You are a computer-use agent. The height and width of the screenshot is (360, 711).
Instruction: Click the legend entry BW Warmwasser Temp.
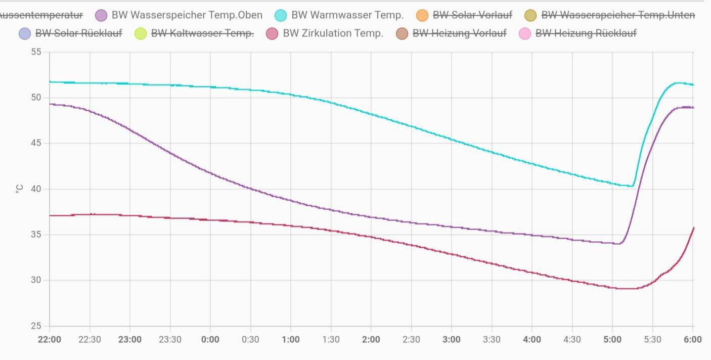click(x=347, y=15)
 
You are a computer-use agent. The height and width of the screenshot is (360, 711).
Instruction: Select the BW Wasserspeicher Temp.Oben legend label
click(x=187, y=15)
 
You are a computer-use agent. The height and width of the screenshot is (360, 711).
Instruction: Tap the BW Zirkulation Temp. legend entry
click(x=333, y=33)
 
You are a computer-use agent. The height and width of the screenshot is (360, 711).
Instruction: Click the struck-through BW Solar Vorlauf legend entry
click(x=472, y=15)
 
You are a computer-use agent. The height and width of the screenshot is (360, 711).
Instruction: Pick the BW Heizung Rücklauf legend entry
click(x=586, y=33)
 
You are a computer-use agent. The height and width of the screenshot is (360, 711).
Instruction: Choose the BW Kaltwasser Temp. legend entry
click(x=202, y=33)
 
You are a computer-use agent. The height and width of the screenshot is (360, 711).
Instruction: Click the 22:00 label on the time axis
click(x=50, y=339)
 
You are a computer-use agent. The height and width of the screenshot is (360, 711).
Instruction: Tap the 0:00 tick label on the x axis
click(x=210, y=339)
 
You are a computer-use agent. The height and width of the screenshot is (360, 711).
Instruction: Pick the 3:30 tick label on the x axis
click(x=492, y=339)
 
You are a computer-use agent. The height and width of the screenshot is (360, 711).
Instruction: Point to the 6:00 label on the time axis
click(x=692, y=339)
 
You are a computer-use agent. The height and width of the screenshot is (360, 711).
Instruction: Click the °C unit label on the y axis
click(x=19, y=189)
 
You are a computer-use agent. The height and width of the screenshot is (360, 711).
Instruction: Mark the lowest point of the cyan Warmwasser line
click(x=631, y=186)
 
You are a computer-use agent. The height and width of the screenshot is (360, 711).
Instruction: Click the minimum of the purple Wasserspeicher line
click(x=618, y=244)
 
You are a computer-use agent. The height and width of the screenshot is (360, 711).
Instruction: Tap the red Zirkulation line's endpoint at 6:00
click(x=693, y=228)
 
